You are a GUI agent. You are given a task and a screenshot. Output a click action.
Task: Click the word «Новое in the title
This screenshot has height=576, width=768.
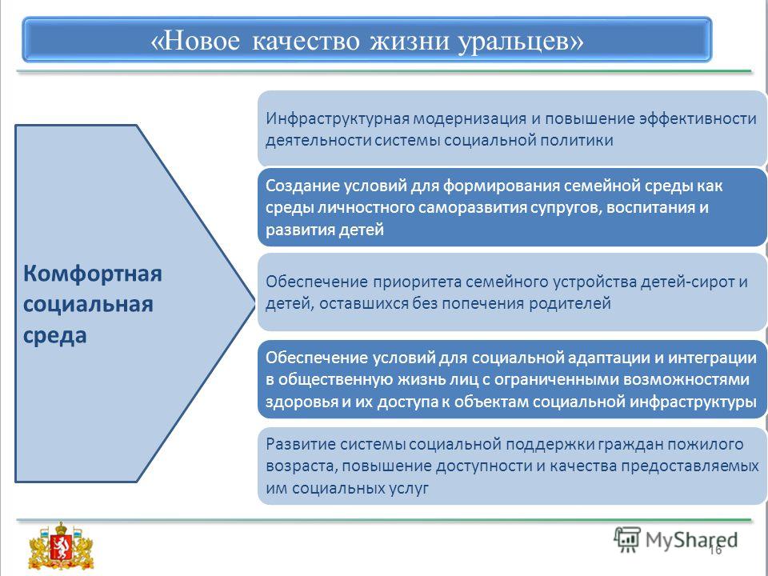195,40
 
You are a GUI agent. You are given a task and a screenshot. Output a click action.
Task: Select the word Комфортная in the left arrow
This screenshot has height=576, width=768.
93,274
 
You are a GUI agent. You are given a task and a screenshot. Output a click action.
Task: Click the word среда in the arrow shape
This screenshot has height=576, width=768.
55,336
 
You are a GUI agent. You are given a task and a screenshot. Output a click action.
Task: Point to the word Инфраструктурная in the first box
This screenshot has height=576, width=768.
337,118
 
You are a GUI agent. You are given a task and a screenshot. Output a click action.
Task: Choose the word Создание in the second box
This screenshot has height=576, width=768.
302,186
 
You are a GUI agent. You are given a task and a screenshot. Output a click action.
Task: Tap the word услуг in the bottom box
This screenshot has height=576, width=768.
406,489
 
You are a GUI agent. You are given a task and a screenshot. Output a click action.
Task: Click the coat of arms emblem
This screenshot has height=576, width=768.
61,545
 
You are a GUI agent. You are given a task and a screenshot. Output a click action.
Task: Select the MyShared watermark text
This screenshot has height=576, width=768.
691,540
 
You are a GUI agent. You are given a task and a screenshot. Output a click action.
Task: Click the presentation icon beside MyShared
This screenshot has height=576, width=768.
627,539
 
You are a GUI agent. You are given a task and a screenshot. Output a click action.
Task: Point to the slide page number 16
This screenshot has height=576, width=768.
715,550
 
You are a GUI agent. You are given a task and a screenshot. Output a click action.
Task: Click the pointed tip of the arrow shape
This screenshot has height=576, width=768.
254,302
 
